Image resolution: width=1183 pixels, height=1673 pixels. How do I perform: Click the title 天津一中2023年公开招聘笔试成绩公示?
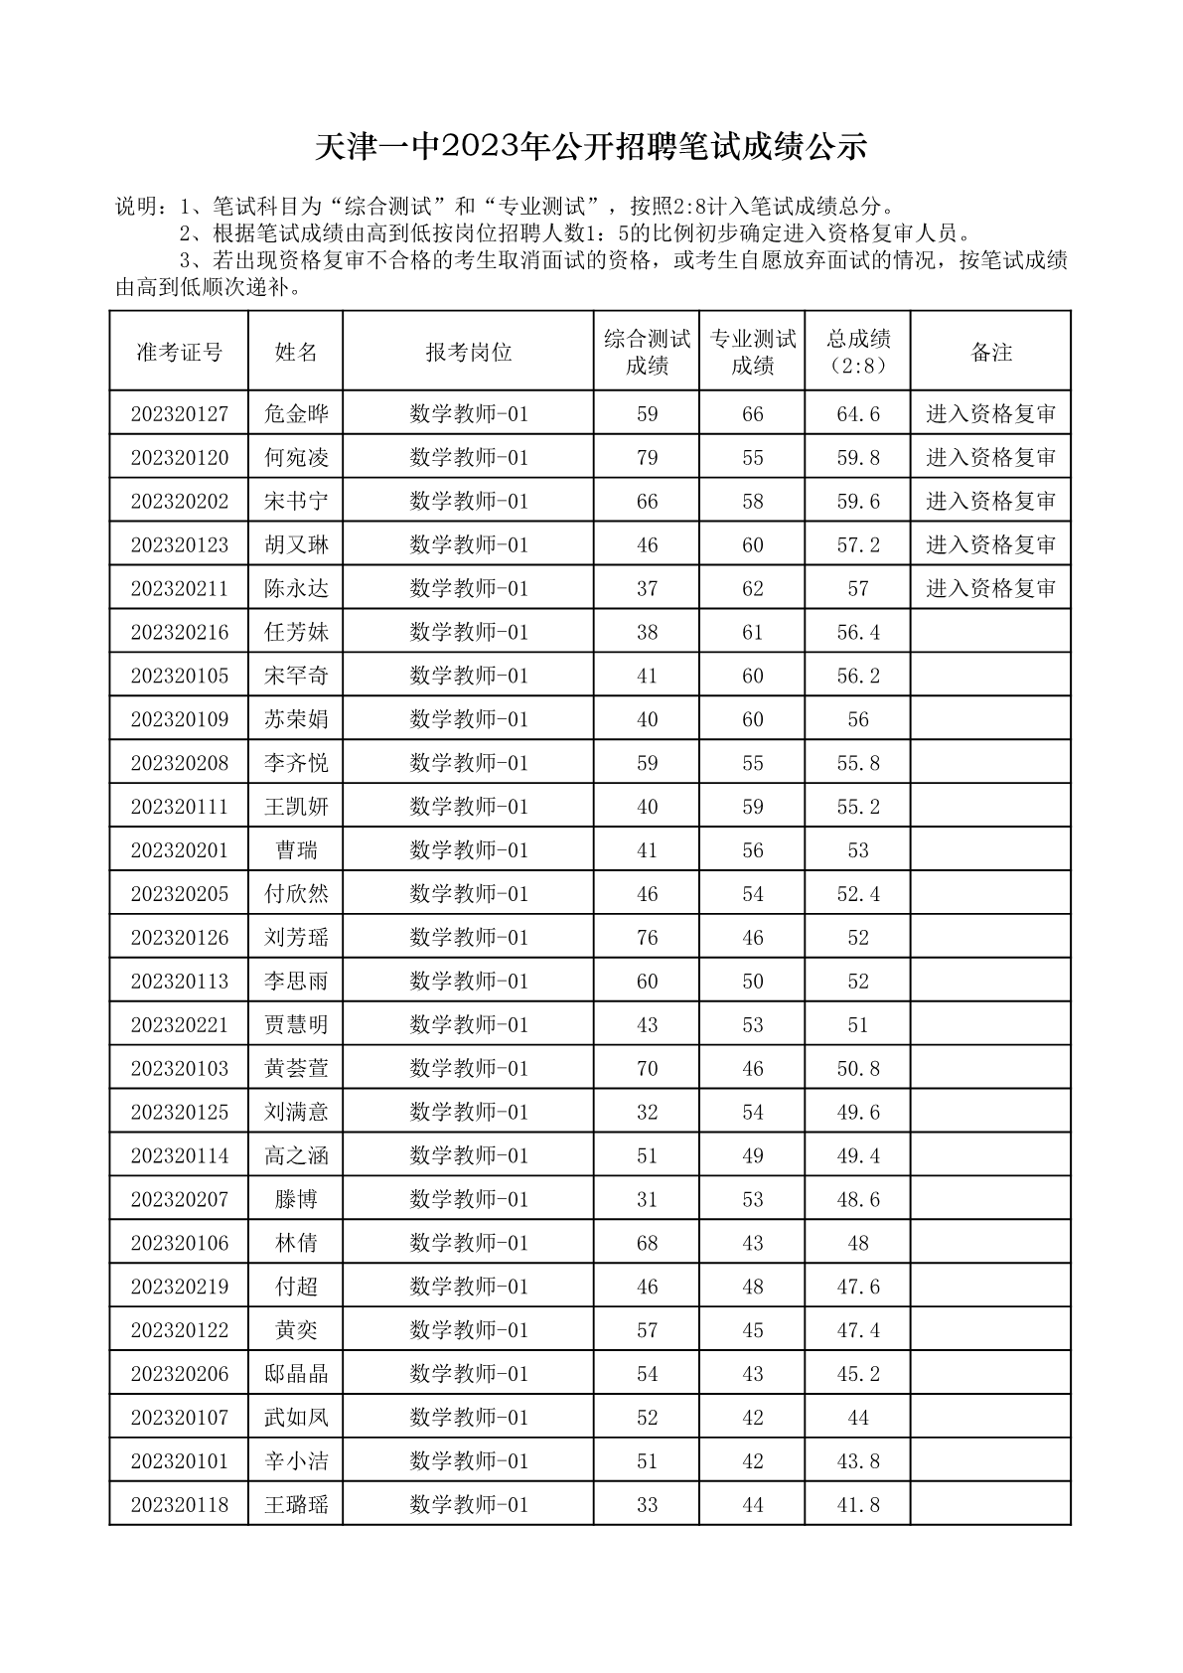591,147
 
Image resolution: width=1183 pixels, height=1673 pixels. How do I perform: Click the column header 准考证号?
179,352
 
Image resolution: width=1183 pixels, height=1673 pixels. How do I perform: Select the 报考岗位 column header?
469,352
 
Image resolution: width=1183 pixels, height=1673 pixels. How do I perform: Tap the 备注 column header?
990,352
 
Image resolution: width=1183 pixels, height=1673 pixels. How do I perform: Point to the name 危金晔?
296,414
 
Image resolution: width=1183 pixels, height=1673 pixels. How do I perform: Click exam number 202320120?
179,458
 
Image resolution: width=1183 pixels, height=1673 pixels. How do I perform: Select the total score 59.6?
858,502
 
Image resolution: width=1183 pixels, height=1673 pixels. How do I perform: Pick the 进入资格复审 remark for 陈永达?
990,589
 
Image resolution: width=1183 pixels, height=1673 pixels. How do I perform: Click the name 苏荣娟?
296,719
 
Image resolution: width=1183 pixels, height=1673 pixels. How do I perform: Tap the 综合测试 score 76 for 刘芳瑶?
647,938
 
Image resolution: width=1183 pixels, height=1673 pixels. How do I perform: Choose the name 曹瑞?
296,850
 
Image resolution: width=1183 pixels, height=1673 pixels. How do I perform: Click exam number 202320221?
179,1025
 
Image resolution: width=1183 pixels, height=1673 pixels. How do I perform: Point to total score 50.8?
858,1069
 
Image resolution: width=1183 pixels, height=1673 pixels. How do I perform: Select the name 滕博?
296,1199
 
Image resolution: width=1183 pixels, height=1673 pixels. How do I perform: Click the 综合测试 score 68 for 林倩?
647,1243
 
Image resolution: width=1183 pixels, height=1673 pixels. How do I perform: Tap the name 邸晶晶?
296,1374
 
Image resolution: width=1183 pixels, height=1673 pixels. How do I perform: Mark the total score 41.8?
858,1505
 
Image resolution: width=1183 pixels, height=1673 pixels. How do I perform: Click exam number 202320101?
179,1461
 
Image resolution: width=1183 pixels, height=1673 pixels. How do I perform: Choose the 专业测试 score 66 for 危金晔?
753,414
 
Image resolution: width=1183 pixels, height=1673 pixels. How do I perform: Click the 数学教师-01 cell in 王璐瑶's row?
469,1505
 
